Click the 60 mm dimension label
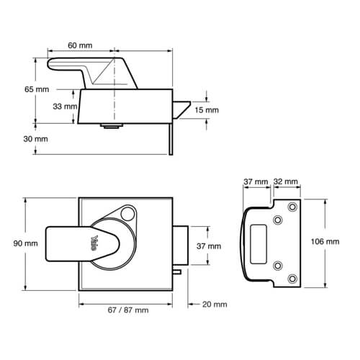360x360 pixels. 80,45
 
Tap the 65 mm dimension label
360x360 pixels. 37,89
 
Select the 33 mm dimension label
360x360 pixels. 65,107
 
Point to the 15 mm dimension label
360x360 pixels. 207,110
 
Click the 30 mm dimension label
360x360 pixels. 35,139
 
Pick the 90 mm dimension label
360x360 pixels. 25,243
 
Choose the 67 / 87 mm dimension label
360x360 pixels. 128,310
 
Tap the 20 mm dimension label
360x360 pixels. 215,305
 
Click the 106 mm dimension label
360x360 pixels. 325,241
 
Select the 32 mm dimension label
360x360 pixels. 286,181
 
